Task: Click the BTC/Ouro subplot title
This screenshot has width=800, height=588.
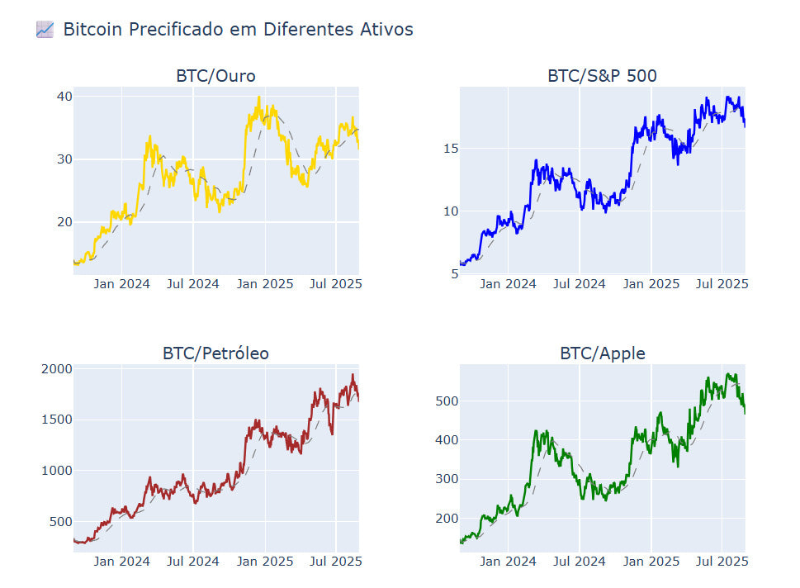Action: tap(215, 76)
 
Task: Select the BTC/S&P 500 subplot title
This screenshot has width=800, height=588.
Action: tap(602, 76)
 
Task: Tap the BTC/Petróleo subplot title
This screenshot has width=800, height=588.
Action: tap(215, 353)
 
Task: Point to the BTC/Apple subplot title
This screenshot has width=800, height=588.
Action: tap(602, 353)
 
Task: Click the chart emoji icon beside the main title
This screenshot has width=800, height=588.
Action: tap(45, 30)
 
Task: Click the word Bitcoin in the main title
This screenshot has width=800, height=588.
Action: tap(92, 30)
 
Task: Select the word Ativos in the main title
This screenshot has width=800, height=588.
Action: tap(386, 30)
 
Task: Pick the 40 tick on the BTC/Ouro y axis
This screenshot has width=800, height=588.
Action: tap(64, 97)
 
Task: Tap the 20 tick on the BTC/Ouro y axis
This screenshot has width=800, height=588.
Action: tap(64, 221)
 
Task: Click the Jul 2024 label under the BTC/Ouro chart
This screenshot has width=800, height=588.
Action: tap(193, 284)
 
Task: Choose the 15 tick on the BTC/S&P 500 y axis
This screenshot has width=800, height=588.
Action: tap(451, 149)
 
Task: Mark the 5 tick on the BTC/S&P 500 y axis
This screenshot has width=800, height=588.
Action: tap(454, 273)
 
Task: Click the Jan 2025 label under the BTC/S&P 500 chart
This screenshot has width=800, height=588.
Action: tap(651, 284)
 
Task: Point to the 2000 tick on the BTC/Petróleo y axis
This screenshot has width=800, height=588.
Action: tap(56, 368)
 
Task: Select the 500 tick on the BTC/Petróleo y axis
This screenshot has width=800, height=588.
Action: tap(59, 521)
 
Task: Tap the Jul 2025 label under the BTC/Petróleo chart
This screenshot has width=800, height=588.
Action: tap(336, 562)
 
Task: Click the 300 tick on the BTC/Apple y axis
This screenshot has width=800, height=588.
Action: tap(447, 479)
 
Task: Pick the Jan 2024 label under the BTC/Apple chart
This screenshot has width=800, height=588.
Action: tap(509, 562)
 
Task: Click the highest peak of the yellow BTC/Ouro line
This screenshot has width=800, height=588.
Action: tap(259, 97)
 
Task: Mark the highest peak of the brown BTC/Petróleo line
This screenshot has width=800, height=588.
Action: tap(353, 375)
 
